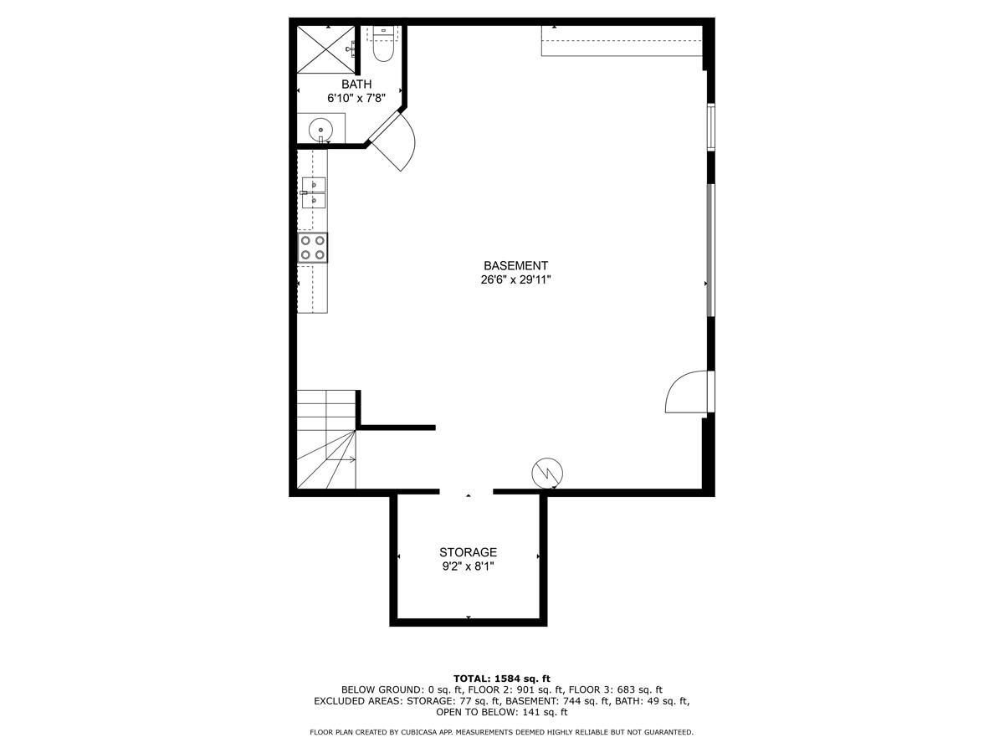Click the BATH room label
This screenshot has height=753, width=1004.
356,85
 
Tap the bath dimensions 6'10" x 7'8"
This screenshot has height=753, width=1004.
356,98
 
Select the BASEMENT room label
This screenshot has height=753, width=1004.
515,266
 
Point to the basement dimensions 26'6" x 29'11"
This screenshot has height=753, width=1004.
515,280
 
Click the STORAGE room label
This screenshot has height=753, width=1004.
469,552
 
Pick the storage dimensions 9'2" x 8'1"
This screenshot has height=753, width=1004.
469,566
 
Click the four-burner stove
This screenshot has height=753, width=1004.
313,248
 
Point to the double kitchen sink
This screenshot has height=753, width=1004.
314,192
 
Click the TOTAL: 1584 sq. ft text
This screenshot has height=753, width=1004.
502,678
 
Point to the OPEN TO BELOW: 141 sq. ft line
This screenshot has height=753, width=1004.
502,713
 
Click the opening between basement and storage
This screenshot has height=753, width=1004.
466,493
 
